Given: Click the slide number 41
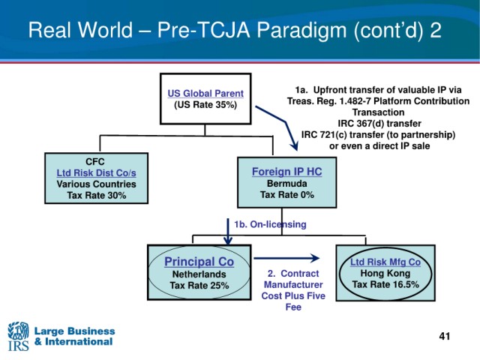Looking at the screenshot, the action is click(x=445, y=336).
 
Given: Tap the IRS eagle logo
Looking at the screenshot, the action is click(x=18, y=336).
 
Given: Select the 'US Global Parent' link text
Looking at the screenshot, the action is click(x=205, y=93).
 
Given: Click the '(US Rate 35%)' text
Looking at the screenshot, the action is click(x=205, y=105).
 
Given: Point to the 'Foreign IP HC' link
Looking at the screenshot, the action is click(x=286, y=172).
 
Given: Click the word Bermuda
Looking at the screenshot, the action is click(x=286, y=183).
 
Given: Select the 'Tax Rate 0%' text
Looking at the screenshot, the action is click(x=287, y=195).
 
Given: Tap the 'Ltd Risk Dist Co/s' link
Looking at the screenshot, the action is click(x=97, y=172).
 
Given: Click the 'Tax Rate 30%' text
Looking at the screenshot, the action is click(x=97, y=195).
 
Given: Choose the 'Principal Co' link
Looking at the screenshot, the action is click(x=199, y=262).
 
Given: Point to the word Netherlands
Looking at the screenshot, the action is click(x=199, y=274).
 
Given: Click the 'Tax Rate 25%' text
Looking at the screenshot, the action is click(x=199, y=285).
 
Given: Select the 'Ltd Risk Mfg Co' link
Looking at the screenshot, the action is click(x=385, y=262).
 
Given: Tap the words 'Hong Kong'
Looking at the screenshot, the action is click(x=385, y=273).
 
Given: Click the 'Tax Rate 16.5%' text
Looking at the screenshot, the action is click(x=385, y=284).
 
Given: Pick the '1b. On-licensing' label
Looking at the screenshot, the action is click(x=270, y=224).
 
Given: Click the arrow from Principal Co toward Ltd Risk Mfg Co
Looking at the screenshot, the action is click(x=286, y=258).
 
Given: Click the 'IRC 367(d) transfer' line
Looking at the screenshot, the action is click(x=379, y=123).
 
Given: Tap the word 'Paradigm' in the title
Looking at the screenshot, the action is click(x=301, y=31).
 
